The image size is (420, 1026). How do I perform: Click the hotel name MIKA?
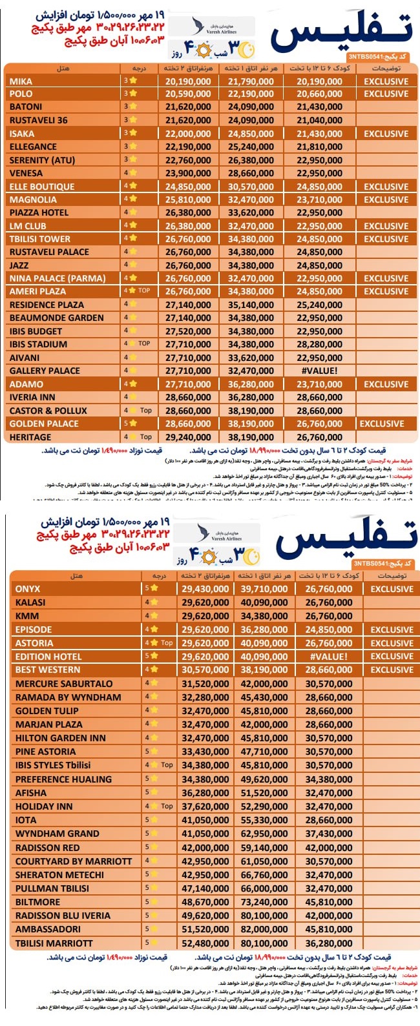[x=21, y=81]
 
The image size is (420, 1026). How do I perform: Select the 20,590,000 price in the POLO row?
[x=187, y=94]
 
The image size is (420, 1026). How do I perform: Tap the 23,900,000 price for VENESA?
[x=187, y=173]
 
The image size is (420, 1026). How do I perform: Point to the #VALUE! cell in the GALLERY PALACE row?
[x=319, y=371]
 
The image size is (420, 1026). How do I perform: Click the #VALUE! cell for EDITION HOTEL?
[x=328, y=657]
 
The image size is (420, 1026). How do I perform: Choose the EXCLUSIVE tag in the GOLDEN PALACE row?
[x=382, y=424]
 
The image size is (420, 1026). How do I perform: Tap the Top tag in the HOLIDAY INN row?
[x=167, y=806]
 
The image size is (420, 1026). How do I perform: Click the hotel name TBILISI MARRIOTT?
[x=54, y=943]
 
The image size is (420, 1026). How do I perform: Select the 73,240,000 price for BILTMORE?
[x=264, y=902]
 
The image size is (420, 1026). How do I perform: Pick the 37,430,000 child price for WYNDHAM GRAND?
[x=328, y=834]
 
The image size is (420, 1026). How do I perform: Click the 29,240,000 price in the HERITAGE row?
[x=187, y=437]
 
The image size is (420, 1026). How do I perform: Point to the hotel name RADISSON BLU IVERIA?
[x=63, y=916]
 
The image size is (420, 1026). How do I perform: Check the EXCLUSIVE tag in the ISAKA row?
[x=386, y=134]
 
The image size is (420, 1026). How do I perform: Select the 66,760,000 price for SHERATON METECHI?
[x=264, y=875]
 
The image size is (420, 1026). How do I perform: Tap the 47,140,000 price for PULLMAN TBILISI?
[x=205, y=888]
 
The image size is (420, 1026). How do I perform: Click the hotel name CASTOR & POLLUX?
[x=48, y=411]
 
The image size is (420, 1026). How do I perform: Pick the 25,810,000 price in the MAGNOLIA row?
[x=187, y=200]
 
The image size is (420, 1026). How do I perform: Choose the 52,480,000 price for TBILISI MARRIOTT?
[x=205, y=943]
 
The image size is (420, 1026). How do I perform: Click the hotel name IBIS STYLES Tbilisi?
[x=53, y=765]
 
